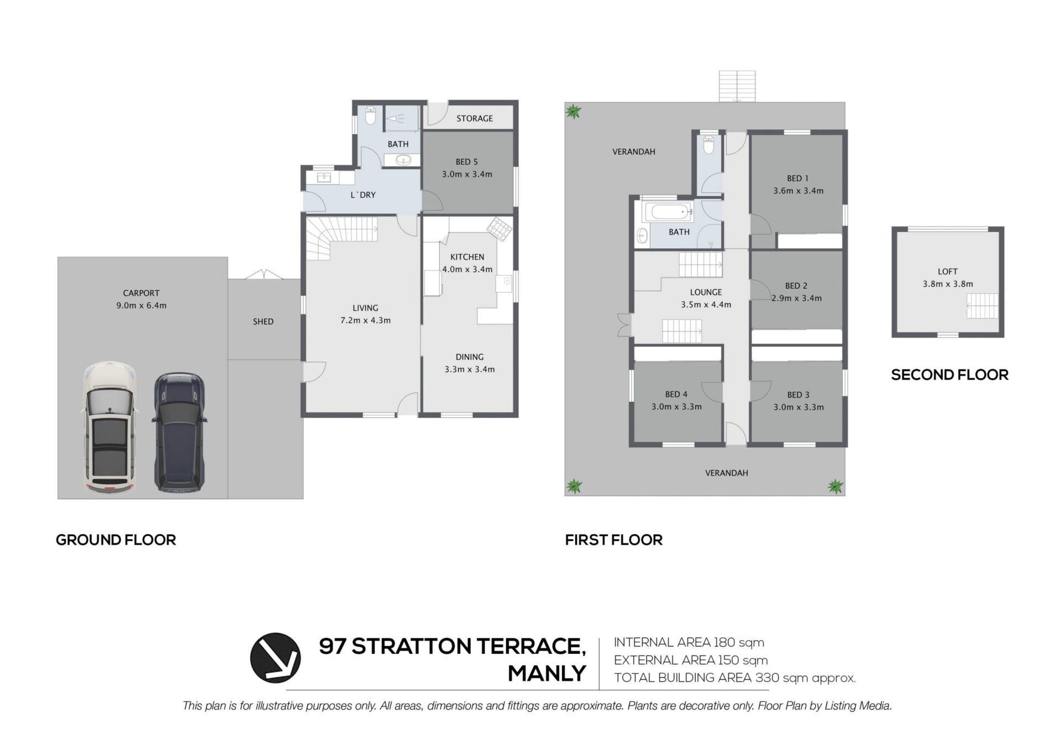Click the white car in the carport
(109, 427)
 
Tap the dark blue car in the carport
(179, 432)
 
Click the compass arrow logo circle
(275, 658)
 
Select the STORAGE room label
(475, 118)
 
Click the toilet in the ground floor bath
(370, 117)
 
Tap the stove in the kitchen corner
(499, 229)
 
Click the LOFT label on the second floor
(947, 271)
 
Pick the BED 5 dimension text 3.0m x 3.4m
(467, 174)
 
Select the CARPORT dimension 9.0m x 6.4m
(141, 305)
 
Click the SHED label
(263, 321)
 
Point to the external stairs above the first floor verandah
(737, 86)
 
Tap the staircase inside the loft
(982, 306)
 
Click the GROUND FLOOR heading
(116, 540)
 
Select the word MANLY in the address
(547, 673)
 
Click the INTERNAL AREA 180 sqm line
(689, 642)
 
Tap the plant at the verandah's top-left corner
(574, 112)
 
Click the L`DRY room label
(363, 195)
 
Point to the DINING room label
(470, 357)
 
